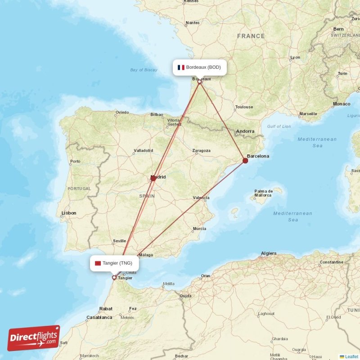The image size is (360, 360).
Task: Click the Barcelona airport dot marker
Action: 245,160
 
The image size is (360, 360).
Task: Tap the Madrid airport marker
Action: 153,178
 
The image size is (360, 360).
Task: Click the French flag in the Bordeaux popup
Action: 181,67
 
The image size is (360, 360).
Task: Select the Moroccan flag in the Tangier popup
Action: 98,263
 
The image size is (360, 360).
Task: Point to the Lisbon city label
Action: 69,213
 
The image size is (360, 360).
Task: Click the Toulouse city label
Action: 244,107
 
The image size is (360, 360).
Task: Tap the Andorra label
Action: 245,131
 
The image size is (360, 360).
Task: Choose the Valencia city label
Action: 201,198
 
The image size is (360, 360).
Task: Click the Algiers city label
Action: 269,254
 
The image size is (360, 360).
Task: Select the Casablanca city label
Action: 99,317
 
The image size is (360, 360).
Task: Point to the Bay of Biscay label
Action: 144,70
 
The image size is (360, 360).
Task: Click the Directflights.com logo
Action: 34,338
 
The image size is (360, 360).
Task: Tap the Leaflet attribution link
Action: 351,356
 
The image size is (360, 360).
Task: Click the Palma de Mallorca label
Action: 263,193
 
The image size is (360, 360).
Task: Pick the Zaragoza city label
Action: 201,150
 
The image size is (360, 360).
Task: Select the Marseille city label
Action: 308,114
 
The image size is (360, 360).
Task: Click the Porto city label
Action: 75,161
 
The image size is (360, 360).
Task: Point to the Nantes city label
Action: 193,22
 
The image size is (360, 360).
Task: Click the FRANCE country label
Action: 251,36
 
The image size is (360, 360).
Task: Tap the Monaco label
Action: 342,104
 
